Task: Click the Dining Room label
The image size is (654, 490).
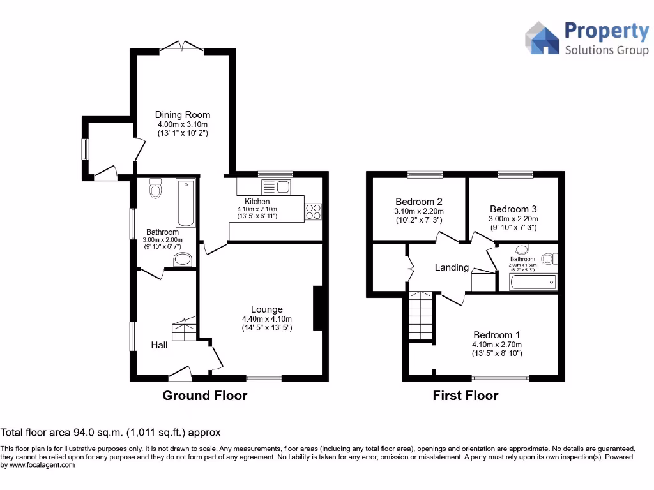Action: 183,115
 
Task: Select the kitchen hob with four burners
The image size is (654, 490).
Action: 313,211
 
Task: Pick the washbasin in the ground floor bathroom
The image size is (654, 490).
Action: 183,259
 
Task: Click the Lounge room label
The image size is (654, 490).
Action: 266,309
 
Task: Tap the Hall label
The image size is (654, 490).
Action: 159,345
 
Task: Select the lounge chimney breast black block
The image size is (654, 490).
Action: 317,309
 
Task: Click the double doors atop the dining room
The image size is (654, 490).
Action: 181,46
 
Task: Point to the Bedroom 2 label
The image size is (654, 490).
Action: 419,201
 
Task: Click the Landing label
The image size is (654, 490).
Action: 452,267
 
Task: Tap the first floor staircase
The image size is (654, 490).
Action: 421,316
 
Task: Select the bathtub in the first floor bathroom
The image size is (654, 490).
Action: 533,281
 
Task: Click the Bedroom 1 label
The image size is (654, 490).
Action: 497,335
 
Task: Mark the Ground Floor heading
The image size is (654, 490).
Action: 204,396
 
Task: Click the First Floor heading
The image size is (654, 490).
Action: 465,396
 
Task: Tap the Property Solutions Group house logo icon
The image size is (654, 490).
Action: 542,38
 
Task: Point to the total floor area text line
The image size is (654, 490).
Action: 110,433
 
